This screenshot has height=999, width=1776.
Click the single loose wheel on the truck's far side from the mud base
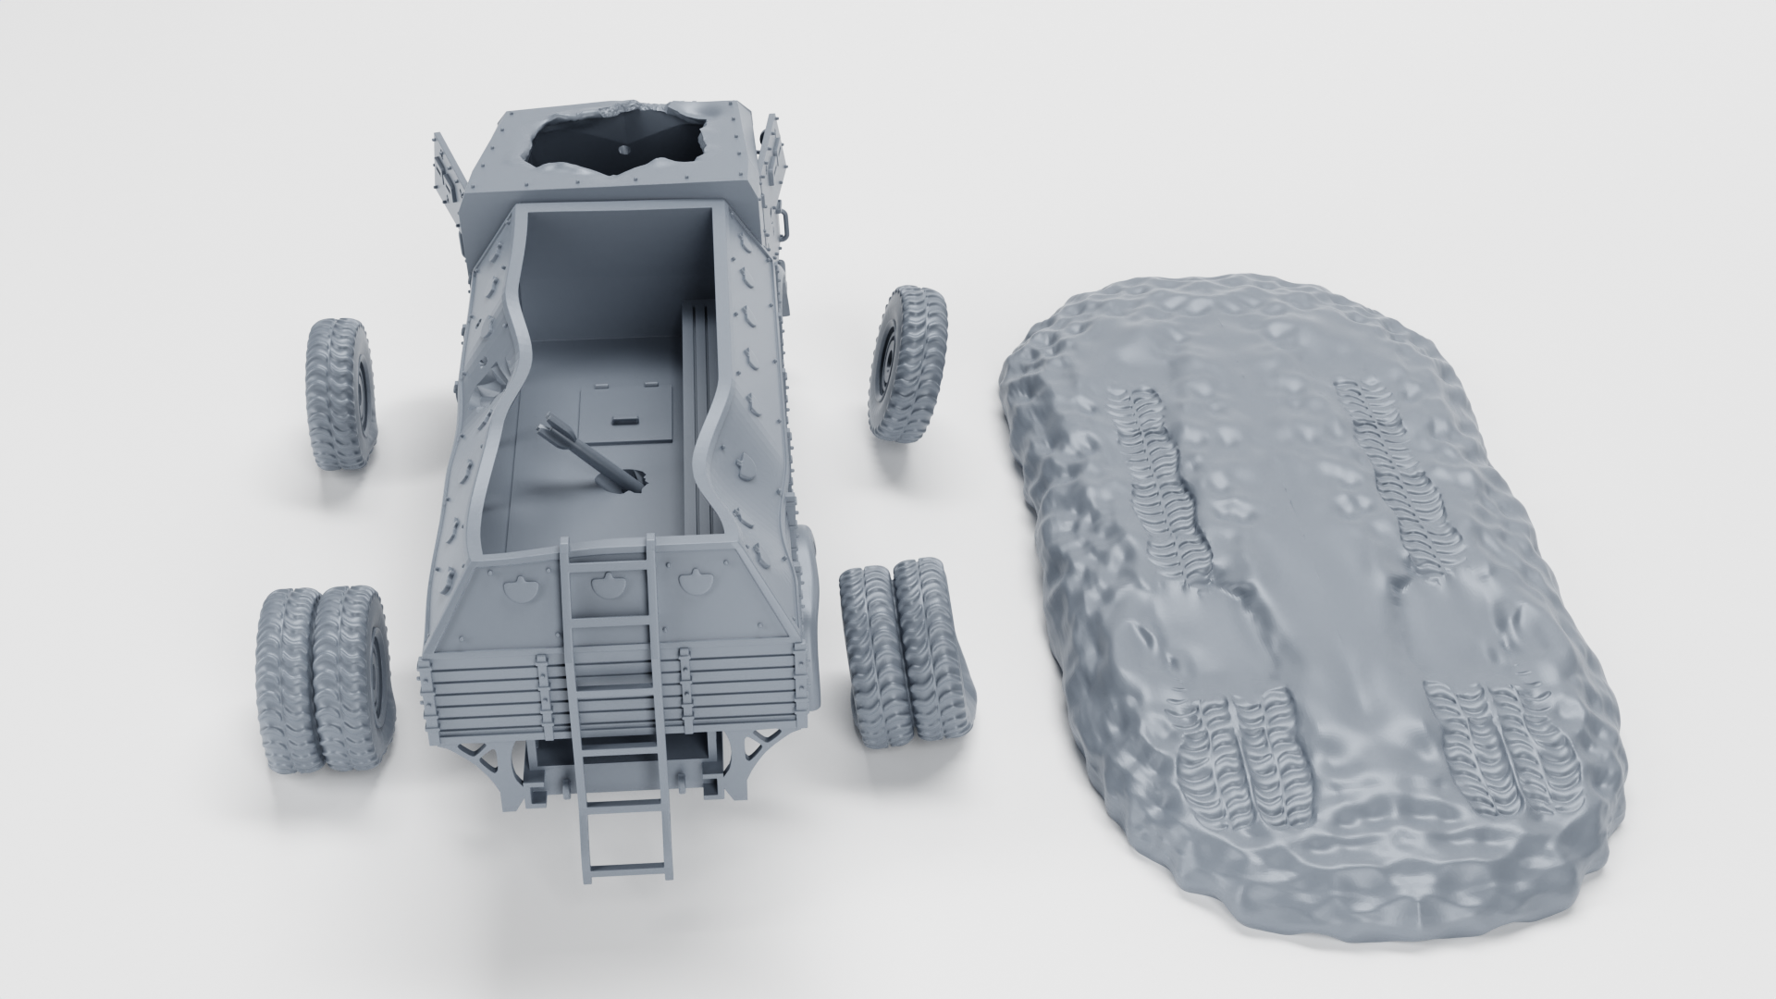click(x=340, y=393)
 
